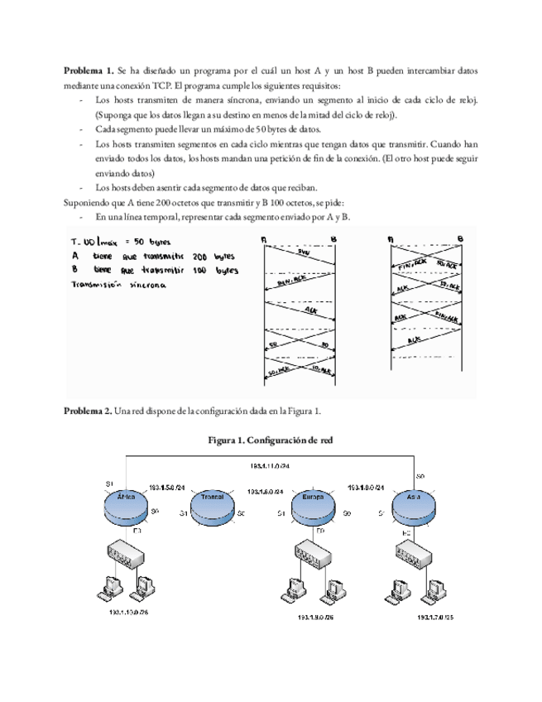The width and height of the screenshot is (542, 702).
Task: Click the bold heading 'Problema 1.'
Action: [89, 72]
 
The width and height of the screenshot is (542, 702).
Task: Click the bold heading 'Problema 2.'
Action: [89, 411]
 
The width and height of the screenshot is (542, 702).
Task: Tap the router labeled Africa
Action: [126, 502]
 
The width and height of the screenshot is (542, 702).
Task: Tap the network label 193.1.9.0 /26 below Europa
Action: [319, 617]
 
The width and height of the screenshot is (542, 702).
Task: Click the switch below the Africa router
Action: [131, 550]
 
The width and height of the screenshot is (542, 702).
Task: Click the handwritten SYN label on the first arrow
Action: [303, 252]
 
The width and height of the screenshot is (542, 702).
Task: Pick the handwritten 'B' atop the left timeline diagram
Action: [333, 240]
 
